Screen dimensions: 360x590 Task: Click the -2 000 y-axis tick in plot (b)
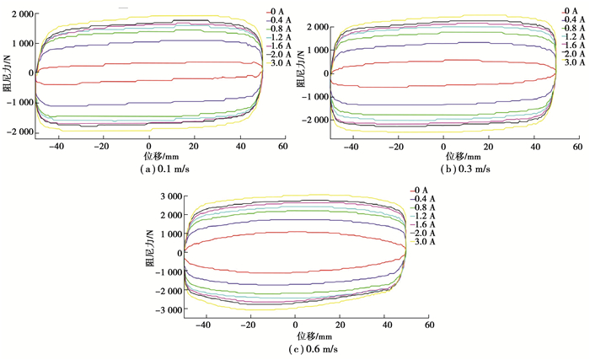click(x=311, y=120)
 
